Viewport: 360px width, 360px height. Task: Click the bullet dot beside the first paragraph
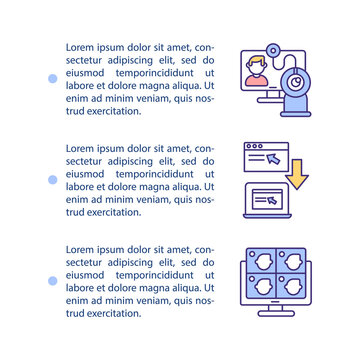(x=51, y=78)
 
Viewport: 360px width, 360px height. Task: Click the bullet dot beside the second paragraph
(x=51, y=179)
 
